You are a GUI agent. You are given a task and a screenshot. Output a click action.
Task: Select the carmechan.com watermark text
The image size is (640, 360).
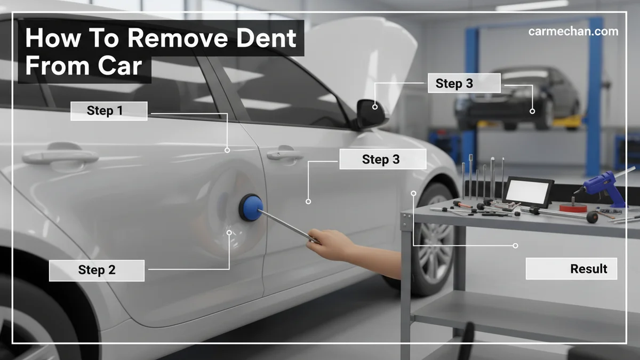point(573,31)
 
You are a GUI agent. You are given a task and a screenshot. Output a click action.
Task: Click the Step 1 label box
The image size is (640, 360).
point(109,111)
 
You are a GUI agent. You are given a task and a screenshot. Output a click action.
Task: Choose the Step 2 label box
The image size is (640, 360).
point(97,270)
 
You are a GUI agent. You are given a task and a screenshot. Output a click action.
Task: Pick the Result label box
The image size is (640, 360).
point(571,269)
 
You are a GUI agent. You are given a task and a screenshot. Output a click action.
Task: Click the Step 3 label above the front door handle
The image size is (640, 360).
point(383,159)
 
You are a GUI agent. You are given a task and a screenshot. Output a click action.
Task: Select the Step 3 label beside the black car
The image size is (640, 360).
point(464,83)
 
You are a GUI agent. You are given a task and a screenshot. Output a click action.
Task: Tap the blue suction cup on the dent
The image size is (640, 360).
point(251,207)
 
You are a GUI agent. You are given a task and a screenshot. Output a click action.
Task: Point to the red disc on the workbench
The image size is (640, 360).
point(573,207)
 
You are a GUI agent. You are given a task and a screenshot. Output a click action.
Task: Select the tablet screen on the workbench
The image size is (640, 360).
point(528,191)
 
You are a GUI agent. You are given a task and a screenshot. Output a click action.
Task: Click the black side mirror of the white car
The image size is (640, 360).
point(371,114)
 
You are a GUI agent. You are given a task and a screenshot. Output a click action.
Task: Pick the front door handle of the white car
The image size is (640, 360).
point(285,154)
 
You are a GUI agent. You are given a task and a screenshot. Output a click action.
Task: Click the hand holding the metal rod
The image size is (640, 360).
point(331,245)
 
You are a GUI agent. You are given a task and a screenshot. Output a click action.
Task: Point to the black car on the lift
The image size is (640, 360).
point(517,97)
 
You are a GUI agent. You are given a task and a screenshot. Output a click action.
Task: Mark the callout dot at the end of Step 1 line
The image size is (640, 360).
point(227,150)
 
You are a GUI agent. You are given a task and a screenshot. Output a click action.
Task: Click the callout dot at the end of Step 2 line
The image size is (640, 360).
point(229,233)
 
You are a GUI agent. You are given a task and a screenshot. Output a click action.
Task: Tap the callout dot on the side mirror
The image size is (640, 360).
point(375,107)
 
